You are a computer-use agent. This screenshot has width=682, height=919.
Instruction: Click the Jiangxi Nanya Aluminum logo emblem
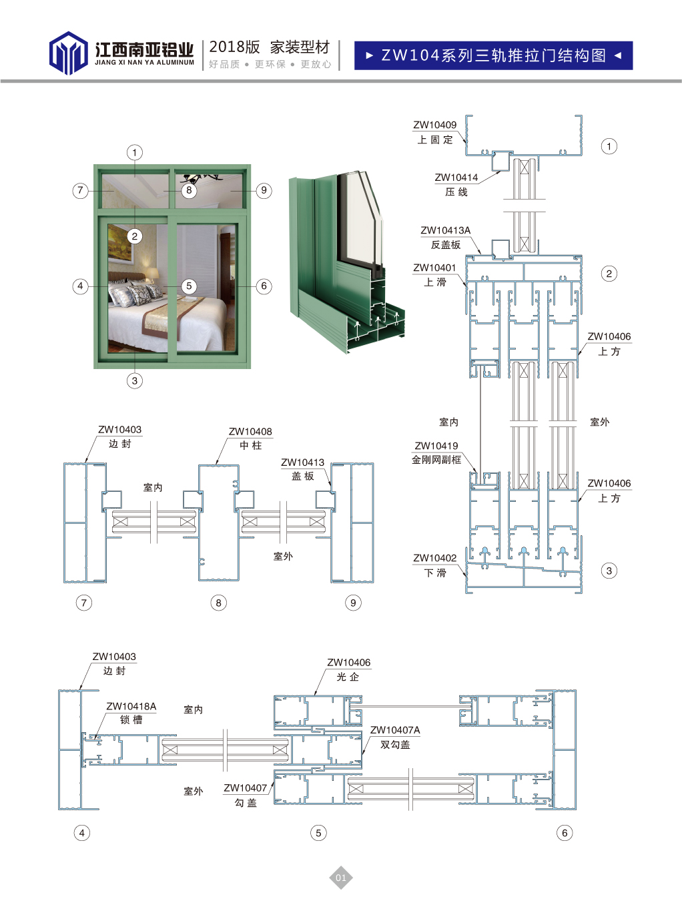pyautogui.click(x=68, y=53)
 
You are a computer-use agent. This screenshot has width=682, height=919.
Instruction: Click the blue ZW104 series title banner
pyautogui.click(x=493, y=55)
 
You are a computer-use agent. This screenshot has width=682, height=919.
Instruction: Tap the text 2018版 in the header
pyautogui.click(x=234, y=47)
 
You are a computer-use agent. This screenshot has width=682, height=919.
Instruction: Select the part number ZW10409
pyautogui.click(x=434, y=125)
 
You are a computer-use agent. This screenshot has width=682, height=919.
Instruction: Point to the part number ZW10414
pyautogui.click(x=456, y=178)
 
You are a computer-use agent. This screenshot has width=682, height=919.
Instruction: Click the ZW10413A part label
pyautogui.click(x=445, y=230)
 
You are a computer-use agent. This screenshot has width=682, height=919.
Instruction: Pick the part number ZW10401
pyautogui.click(x=434, y=268)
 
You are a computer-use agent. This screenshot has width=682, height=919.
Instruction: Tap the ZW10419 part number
pyautogui.click(x=436, y=446)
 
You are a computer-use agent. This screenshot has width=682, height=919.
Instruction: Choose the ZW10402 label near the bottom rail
pyautogui.click(x=434, y=558)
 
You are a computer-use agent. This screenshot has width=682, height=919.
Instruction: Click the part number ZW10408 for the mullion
pyautogui.click(x=250, y=432)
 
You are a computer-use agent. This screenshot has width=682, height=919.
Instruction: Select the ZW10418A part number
pyautogui.click(x=131, y=706)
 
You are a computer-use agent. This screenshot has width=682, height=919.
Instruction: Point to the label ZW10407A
pyautogui.click(x=395, y=730)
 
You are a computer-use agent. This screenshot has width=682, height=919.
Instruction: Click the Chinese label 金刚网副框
pyautogui.click(x=436, y=460)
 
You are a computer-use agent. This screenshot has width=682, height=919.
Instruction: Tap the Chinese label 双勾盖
pyautogui.click(x=395, y=745)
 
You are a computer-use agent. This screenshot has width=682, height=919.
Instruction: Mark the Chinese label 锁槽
pyautogui.click(x=131, y=720)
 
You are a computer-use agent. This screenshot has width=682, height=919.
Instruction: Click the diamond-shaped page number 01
pyautogui.click(x=341, y=878)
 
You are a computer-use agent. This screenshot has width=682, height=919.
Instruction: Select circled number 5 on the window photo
pyautogui.click(x=189, y=286)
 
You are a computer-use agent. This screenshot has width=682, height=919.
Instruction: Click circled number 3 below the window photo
pyautogui.click(x=135, y=380)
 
